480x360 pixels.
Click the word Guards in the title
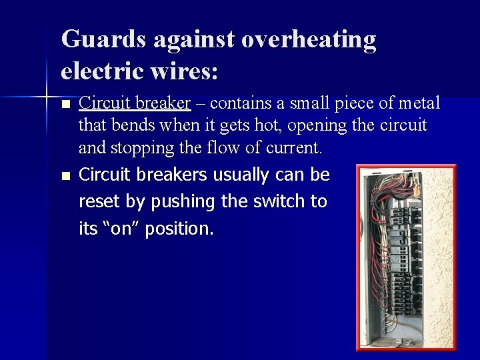click(x=103, y=40)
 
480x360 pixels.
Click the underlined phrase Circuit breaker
click(x=135, y=103)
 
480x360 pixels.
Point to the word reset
click(x=97, y=202)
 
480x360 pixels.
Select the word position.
click(x=178, y=229)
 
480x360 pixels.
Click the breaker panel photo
click(x=406, y=257)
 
